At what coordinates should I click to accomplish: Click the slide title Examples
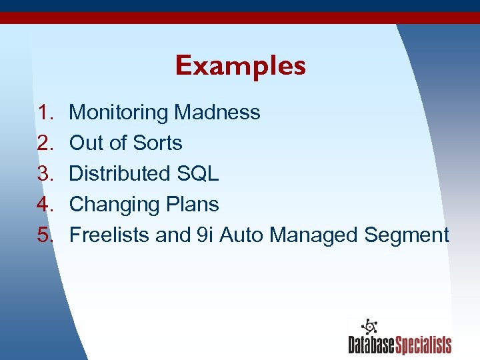(240, 66)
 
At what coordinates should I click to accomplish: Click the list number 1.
(45, 112)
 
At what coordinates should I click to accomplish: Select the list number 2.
(45, 143)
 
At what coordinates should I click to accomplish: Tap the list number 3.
(45, 173)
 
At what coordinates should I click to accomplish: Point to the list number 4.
(45, 204)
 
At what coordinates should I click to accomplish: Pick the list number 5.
(45, 235)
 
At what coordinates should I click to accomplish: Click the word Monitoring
(119, 113)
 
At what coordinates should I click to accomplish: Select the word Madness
(217, 112)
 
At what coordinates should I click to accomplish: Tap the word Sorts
(157, 143)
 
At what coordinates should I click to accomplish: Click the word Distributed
(120, 173)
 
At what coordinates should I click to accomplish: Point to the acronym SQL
(198, 173)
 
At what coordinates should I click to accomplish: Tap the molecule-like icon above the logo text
(368, 327)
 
